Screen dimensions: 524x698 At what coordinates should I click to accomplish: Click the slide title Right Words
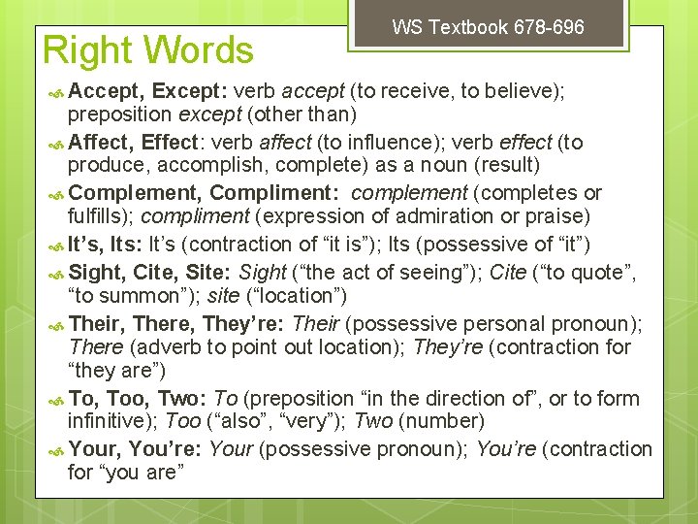(148, 50)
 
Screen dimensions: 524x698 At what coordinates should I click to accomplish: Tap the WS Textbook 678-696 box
(488, 27)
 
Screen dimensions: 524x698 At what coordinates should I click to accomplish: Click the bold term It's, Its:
(106, 245)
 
